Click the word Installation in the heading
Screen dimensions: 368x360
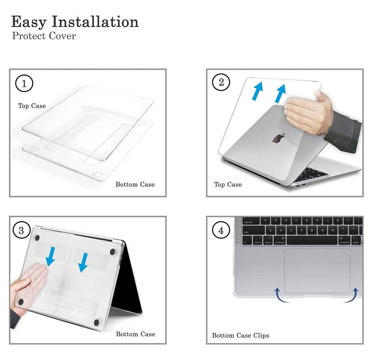pos(95,22)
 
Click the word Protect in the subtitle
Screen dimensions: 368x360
pos(29,36)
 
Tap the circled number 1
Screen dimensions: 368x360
pos(24,83)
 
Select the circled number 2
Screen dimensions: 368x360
pos(221,82)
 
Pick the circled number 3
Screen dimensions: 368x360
pos(21,230)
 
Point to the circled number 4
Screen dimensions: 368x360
pos(221,230)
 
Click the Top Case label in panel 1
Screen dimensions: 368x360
pos(32,106)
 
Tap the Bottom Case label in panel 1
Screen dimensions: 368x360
pos(135,184)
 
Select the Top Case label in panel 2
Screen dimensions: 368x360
pos(228,184)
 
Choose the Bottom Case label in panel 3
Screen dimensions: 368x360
pos(136,334)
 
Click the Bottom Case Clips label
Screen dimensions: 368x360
pos(241,336)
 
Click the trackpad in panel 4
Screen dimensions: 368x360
pos(317,271)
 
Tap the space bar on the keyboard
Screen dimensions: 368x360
pos(312,241)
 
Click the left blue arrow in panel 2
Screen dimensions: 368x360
pos(257,91)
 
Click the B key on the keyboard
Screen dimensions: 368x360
pos(312,231)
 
